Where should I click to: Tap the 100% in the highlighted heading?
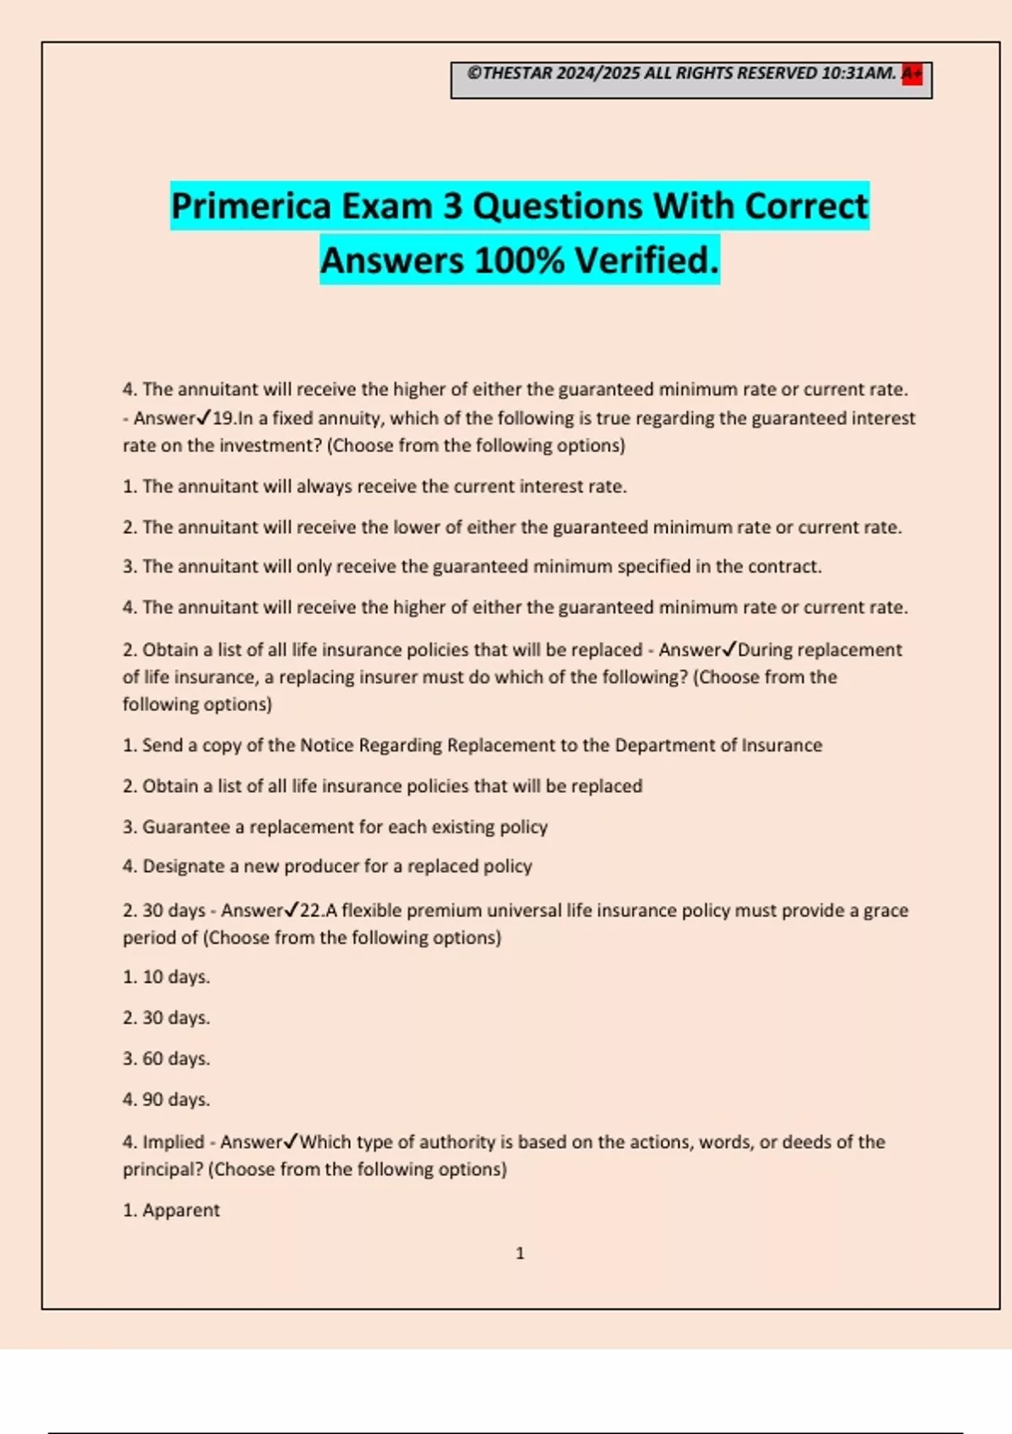coord(519,261)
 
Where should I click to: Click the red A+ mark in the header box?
coord(912,74)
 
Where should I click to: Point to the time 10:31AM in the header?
coord(858,73)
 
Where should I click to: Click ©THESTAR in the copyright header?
coord(509,73)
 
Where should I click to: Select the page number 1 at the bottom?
coord(519,1253)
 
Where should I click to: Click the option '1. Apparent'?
coord(171,1210)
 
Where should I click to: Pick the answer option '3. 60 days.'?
coord(166,1059)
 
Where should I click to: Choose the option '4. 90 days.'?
coord(166,1100)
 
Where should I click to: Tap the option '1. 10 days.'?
coord(166,978)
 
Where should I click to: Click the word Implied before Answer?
coord(173,1142)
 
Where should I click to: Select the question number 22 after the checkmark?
coord(310,911)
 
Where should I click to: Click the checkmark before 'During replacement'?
coord(729,650)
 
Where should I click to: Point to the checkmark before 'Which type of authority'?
coord(291,1142)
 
